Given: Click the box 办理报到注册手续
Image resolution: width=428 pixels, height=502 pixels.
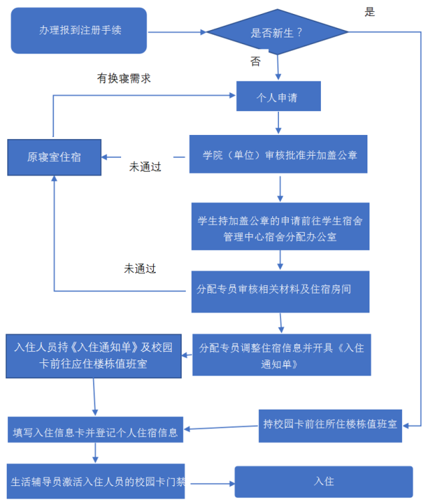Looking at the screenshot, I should (x=79, y=31).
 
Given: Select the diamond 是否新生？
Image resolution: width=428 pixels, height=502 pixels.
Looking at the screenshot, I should (x=277, y=31).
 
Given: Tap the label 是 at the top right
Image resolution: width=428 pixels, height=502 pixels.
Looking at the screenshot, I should (x=370, y=11).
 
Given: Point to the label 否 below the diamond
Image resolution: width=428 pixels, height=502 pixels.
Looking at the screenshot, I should (x=255, y=61).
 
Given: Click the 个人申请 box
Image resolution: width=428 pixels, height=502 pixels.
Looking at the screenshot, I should (x=277, y=97).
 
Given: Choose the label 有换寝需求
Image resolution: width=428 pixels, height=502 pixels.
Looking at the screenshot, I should (x=124, y=78).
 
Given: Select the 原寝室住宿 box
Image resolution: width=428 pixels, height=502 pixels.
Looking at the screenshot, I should (x=54, y=157).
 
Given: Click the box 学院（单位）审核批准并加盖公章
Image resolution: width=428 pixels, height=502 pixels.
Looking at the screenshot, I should (x=280, y=154).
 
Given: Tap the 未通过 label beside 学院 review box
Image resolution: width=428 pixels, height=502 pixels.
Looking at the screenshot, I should (x=145, y=166).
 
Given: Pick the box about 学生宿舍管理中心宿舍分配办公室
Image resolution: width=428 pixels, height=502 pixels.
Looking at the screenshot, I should (x=280, y=228).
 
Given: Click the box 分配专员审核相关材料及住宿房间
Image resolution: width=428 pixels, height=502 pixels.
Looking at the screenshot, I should (x=280, y=291).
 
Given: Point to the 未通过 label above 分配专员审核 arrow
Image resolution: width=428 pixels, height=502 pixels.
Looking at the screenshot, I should (x=140, y=269).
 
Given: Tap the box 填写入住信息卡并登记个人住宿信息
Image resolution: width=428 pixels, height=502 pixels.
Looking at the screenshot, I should (x=96, y=432).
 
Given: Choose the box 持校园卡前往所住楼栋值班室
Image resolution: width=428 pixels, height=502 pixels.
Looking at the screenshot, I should (x=330, y=424).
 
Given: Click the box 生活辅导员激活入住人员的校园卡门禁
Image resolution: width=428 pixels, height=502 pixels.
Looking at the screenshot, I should (x=96, y=481).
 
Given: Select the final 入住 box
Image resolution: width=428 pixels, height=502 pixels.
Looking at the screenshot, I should (x=324, y=481).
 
